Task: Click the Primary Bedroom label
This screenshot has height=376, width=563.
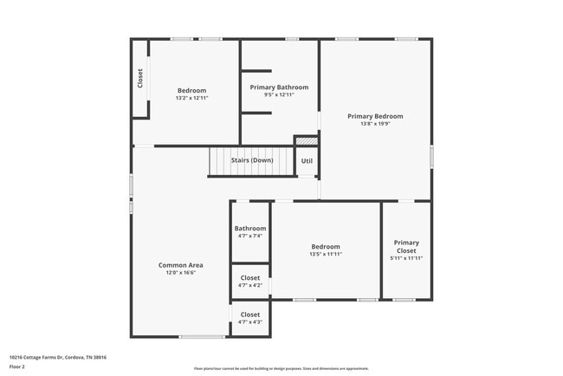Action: tap(375, 116)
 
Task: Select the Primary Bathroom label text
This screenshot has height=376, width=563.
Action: tap(279, 87)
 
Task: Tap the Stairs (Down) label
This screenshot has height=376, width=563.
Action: tap(251, 160)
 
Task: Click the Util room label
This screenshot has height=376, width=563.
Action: tap(307, 161)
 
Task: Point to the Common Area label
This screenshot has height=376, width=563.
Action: tap(180, 265)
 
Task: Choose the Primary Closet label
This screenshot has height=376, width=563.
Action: tap(405, 246)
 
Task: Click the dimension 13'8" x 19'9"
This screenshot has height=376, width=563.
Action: tap(375, 124)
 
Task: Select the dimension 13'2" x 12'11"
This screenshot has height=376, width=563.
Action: tap(191, 98)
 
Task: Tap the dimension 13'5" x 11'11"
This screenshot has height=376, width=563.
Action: tap(326, 254)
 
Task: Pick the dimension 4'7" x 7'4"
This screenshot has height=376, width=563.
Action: tap(249, 236)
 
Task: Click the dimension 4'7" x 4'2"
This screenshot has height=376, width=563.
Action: tap(249, 285)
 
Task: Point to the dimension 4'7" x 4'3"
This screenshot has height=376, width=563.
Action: tap(249, 322)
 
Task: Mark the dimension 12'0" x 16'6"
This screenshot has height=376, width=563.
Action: tap(180, 273)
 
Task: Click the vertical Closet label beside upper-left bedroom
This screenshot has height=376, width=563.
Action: tap(140, 79)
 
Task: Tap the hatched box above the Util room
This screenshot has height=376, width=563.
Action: tap(307, 140)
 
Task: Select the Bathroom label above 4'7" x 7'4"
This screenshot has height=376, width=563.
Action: tap(249, 229)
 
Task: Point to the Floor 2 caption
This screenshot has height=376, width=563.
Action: tap(16, 366)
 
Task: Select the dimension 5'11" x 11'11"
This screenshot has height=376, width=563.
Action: tap(405, 258)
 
